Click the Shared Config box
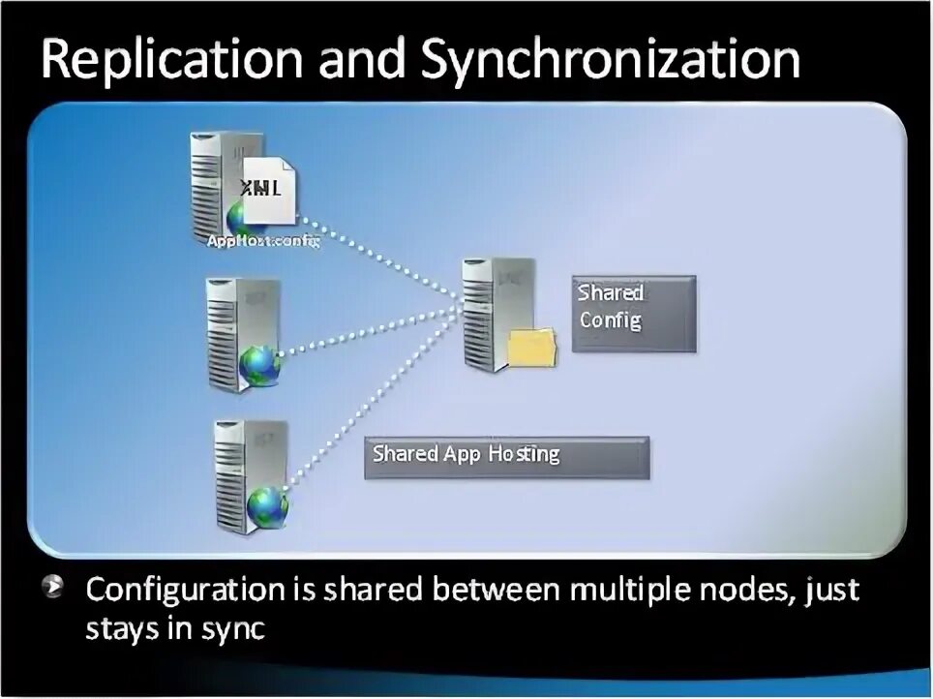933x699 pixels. coord(633,314)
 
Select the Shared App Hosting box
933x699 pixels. coord(507,456)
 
